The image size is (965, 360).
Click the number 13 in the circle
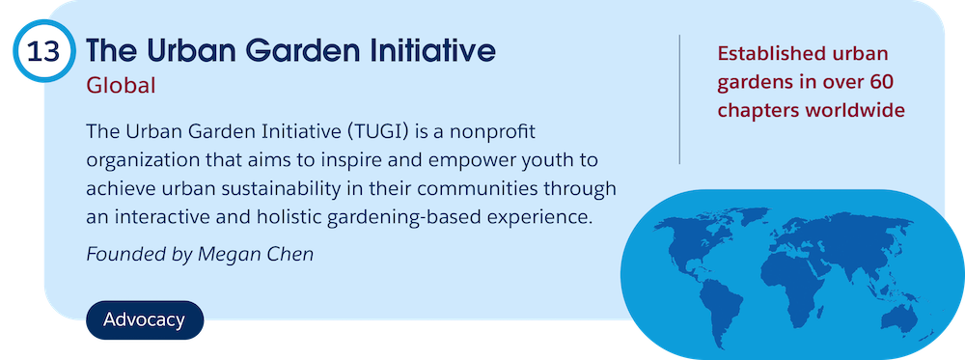point(43,52)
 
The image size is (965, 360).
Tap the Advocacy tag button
point(145,320)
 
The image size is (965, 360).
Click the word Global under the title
point(121,86)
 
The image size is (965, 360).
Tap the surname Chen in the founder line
point(291,254)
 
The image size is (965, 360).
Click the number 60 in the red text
point(879,82)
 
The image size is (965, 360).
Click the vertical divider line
point(679,99)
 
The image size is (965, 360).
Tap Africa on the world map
point(794,285)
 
